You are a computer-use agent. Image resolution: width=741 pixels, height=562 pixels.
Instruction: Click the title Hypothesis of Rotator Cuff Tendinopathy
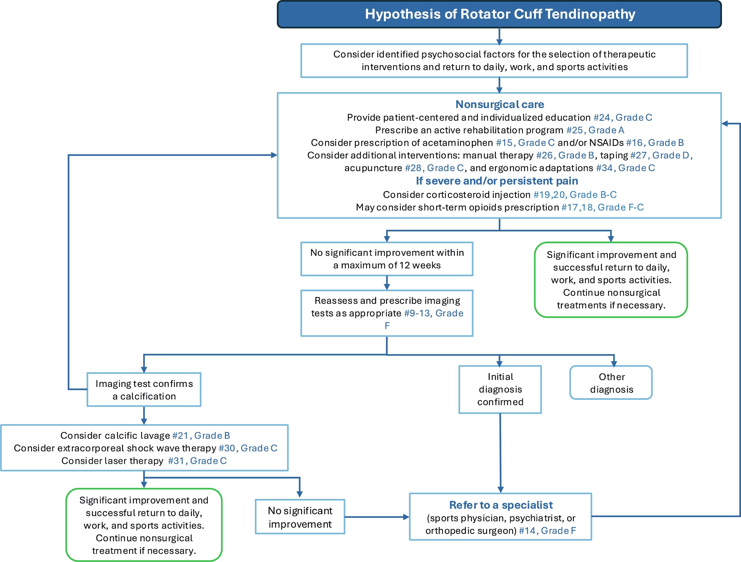500,14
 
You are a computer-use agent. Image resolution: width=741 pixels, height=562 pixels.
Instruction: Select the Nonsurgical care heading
499,104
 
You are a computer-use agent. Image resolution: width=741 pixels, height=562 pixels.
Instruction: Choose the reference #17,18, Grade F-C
602,208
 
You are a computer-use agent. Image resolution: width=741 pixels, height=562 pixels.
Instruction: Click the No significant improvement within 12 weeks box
387,259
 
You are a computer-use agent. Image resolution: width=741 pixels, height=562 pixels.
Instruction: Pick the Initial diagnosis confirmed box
500,389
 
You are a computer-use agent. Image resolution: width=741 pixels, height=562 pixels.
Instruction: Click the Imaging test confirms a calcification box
144,390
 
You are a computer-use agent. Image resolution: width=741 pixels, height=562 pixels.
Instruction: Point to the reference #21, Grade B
201,436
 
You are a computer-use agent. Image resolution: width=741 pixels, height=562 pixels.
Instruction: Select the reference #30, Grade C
248,448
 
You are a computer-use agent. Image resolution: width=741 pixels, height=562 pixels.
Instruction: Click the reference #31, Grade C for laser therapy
197,461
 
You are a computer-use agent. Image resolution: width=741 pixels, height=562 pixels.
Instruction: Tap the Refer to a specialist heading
501,505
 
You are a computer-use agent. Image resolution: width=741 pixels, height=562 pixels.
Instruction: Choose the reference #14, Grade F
547,531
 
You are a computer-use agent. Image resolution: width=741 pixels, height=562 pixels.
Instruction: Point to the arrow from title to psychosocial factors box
499,36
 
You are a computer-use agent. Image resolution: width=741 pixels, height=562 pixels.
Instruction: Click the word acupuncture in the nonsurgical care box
373,168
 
